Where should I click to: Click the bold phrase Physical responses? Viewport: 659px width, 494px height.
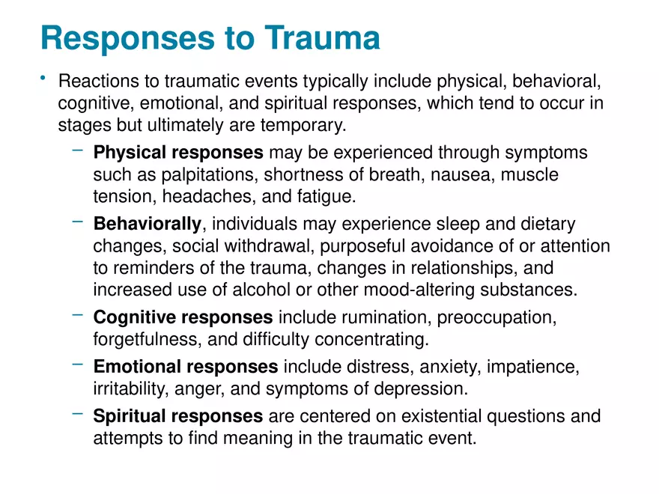click(x=177, y=153)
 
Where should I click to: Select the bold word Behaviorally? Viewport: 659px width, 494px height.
click(x=147, y=224)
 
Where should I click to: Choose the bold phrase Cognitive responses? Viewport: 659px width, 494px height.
click(x=183, y=317)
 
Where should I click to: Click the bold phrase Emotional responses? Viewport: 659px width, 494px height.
click(x=185, y=367)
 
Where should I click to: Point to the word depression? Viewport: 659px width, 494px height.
click(x=425, y=389)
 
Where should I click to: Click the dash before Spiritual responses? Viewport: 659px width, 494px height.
click(x=78, y=413)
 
